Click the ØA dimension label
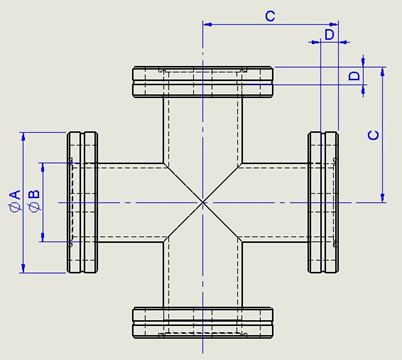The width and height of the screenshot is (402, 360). (x=15, y=201)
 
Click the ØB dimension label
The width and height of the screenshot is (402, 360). (x=34, y=201)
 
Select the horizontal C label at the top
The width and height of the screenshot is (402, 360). (x=270, y=16)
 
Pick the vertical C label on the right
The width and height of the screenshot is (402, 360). (x=374, y=135)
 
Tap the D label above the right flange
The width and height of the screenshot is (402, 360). (x=329, y=34)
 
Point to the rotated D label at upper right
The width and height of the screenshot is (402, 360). (x=355, y=76)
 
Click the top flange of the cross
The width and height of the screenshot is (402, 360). (x=203, y=82)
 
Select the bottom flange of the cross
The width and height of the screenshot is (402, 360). (x=203, y=323)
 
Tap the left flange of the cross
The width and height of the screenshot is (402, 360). (x=82, y=202)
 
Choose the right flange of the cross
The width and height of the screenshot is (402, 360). (x=323, y=202)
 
